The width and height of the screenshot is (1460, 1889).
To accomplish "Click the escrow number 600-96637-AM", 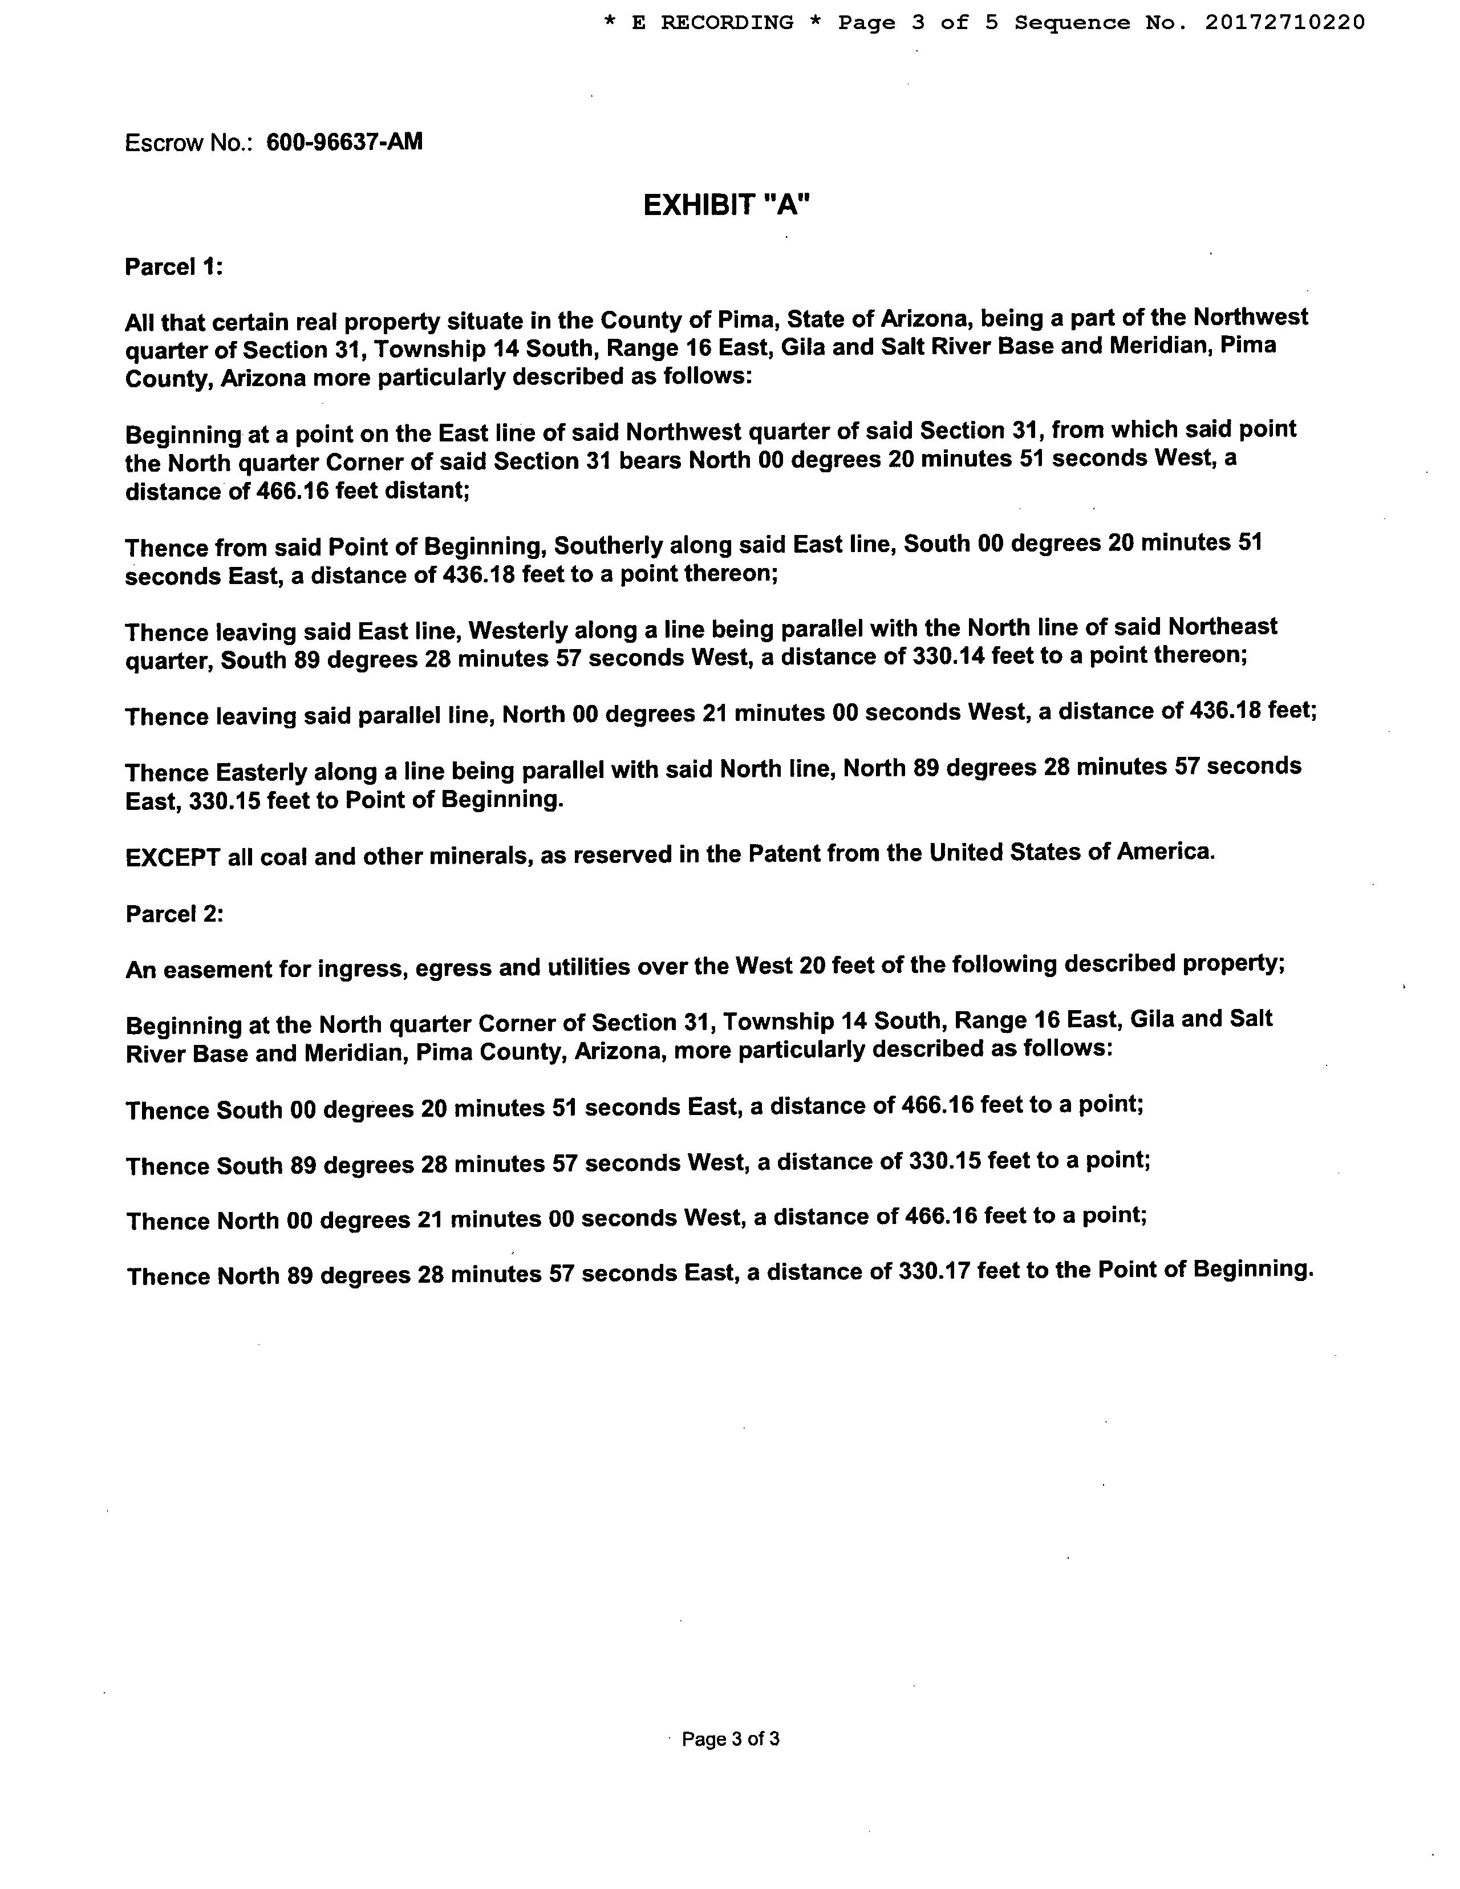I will pos(344,142).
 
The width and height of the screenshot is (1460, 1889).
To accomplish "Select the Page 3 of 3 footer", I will pos(731,1738).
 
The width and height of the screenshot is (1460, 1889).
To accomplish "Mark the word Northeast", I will pos(1222,626).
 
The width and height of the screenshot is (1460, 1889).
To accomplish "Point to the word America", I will pos(1165,852).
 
